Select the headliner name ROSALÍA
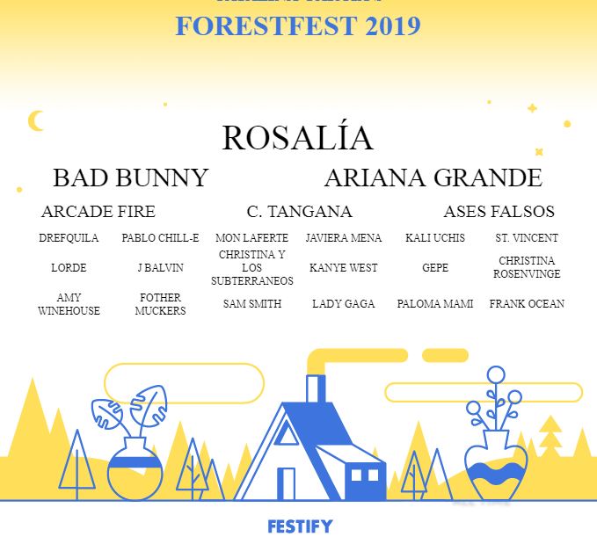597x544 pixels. coord(297,138)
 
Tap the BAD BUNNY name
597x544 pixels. coord(130,178)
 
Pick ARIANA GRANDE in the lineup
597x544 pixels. coord(433,178)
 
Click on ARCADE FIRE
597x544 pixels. coord(98,212)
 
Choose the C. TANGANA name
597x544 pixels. coord(299,212)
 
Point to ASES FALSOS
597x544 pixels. coord(499,212)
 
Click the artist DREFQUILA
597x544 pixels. coord(69,238)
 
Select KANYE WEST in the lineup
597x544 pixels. coord(343,268)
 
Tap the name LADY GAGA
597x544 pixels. coord(343,304)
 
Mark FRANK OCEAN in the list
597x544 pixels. coord(527,304)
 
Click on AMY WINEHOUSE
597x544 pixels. coord(69,304)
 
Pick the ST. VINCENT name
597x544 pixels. coord(527,238)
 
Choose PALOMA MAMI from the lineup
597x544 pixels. coord(435,304)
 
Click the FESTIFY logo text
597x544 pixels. coord(300,526)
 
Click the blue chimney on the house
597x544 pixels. coord(315,390)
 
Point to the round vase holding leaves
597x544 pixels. coord(135,471)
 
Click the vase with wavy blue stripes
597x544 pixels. coord(496,472)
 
